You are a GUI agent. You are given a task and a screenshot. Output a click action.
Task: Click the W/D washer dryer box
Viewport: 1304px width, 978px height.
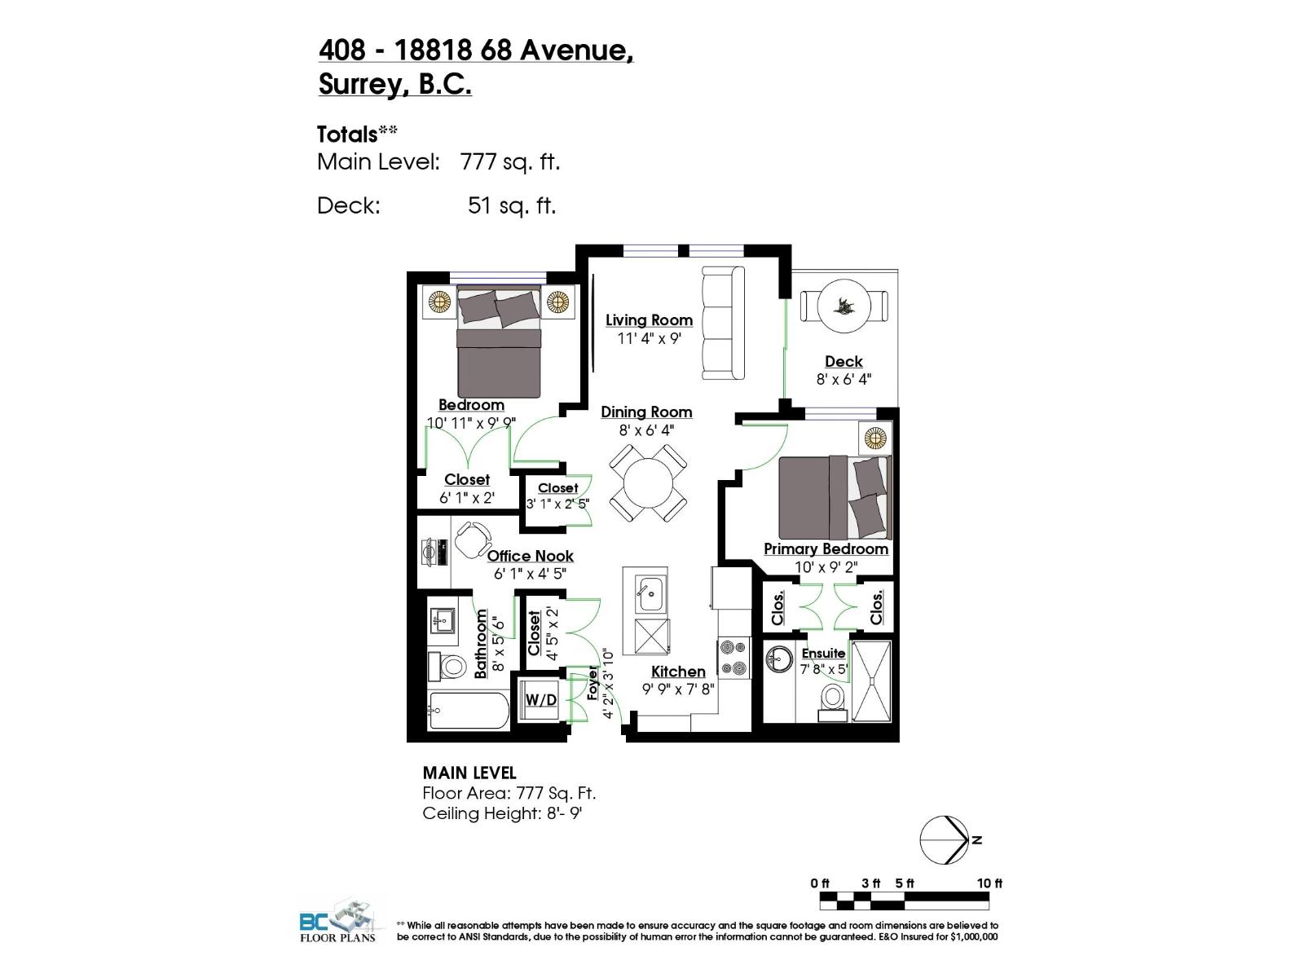pyautogui.click(x=540, y=699)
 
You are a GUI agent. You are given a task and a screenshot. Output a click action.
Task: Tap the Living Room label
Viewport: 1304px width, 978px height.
pyautogui.click(x=649, y=320)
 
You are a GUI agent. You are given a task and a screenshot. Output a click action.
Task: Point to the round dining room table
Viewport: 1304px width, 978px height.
pyautogui.click(x=649, y=483)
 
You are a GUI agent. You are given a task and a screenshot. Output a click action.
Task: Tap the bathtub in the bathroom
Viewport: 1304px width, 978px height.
pyautogui.click(x=468, y=711)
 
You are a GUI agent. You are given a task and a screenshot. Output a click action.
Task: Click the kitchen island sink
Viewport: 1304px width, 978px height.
pyautogui.click(x=650, y=593)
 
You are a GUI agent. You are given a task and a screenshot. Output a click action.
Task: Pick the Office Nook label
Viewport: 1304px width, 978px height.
pyautogui.click(x=530, y=556)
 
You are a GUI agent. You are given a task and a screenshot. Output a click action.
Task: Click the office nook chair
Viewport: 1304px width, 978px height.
pyautogui.click(x=472, y=539)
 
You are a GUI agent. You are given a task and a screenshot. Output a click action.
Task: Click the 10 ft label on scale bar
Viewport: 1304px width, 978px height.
pyautogui.click(x=989, y=883)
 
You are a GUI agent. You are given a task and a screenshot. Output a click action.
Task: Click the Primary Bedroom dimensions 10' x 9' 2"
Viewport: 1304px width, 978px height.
pyautogui.click(x=826, y=566)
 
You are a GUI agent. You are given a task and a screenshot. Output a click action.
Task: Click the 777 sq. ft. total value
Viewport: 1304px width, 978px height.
pyautogui.click(x=510, y=161)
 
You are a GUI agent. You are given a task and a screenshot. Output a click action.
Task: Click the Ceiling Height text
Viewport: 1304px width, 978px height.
pyautogui.click(x=502, y=813)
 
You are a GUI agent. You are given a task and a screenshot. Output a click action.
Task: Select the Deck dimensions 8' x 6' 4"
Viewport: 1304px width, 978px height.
pyautogui.click(x=844, y=379)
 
